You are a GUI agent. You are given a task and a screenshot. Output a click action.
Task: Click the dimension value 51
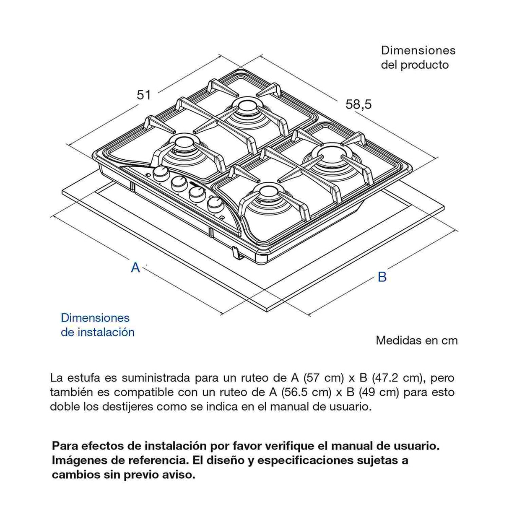[x=144, y=95]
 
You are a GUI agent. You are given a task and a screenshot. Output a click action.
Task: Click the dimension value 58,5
[x=358, y=104]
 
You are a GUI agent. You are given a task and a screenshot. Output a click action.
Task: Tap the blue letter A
[x=135, y=267]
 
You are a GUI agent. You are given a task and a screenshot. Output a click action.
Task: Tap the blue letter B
[x=382, y=277]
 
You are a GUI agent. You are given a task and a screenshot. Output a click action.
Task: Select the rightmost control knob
[x=216, y=204]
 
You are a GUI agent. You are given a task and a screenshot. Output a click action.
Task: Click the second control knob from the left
[x=179, y=183]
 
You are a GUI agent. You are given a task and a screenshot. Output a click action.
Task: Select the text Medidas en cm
[x=416, y=340]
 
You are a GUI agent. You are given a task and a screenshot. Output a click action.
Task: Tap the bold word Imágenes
[x=78, y=460]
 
